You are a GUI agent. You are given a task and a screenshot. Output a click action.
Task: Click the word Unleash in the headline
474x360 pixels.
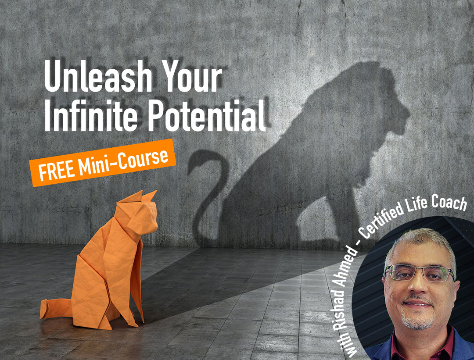coord(98,76)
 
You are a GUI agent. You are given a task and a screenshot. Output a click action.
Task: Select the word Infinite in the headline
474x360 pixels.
coord(91,115)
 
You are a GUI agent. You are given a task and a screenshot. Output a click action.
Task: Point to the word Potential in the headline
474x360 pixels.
coord(207,115)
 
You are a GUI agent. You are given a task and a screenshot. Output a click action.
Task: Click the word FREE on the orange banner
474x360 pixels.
coord(57,171)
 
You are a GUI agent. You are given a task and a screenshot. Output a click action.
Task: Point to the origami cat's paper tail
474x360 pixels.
coord(55,309)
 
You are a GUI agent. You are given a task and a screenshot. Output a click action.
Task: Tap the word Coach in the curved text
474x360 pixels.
coord(450,203)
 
